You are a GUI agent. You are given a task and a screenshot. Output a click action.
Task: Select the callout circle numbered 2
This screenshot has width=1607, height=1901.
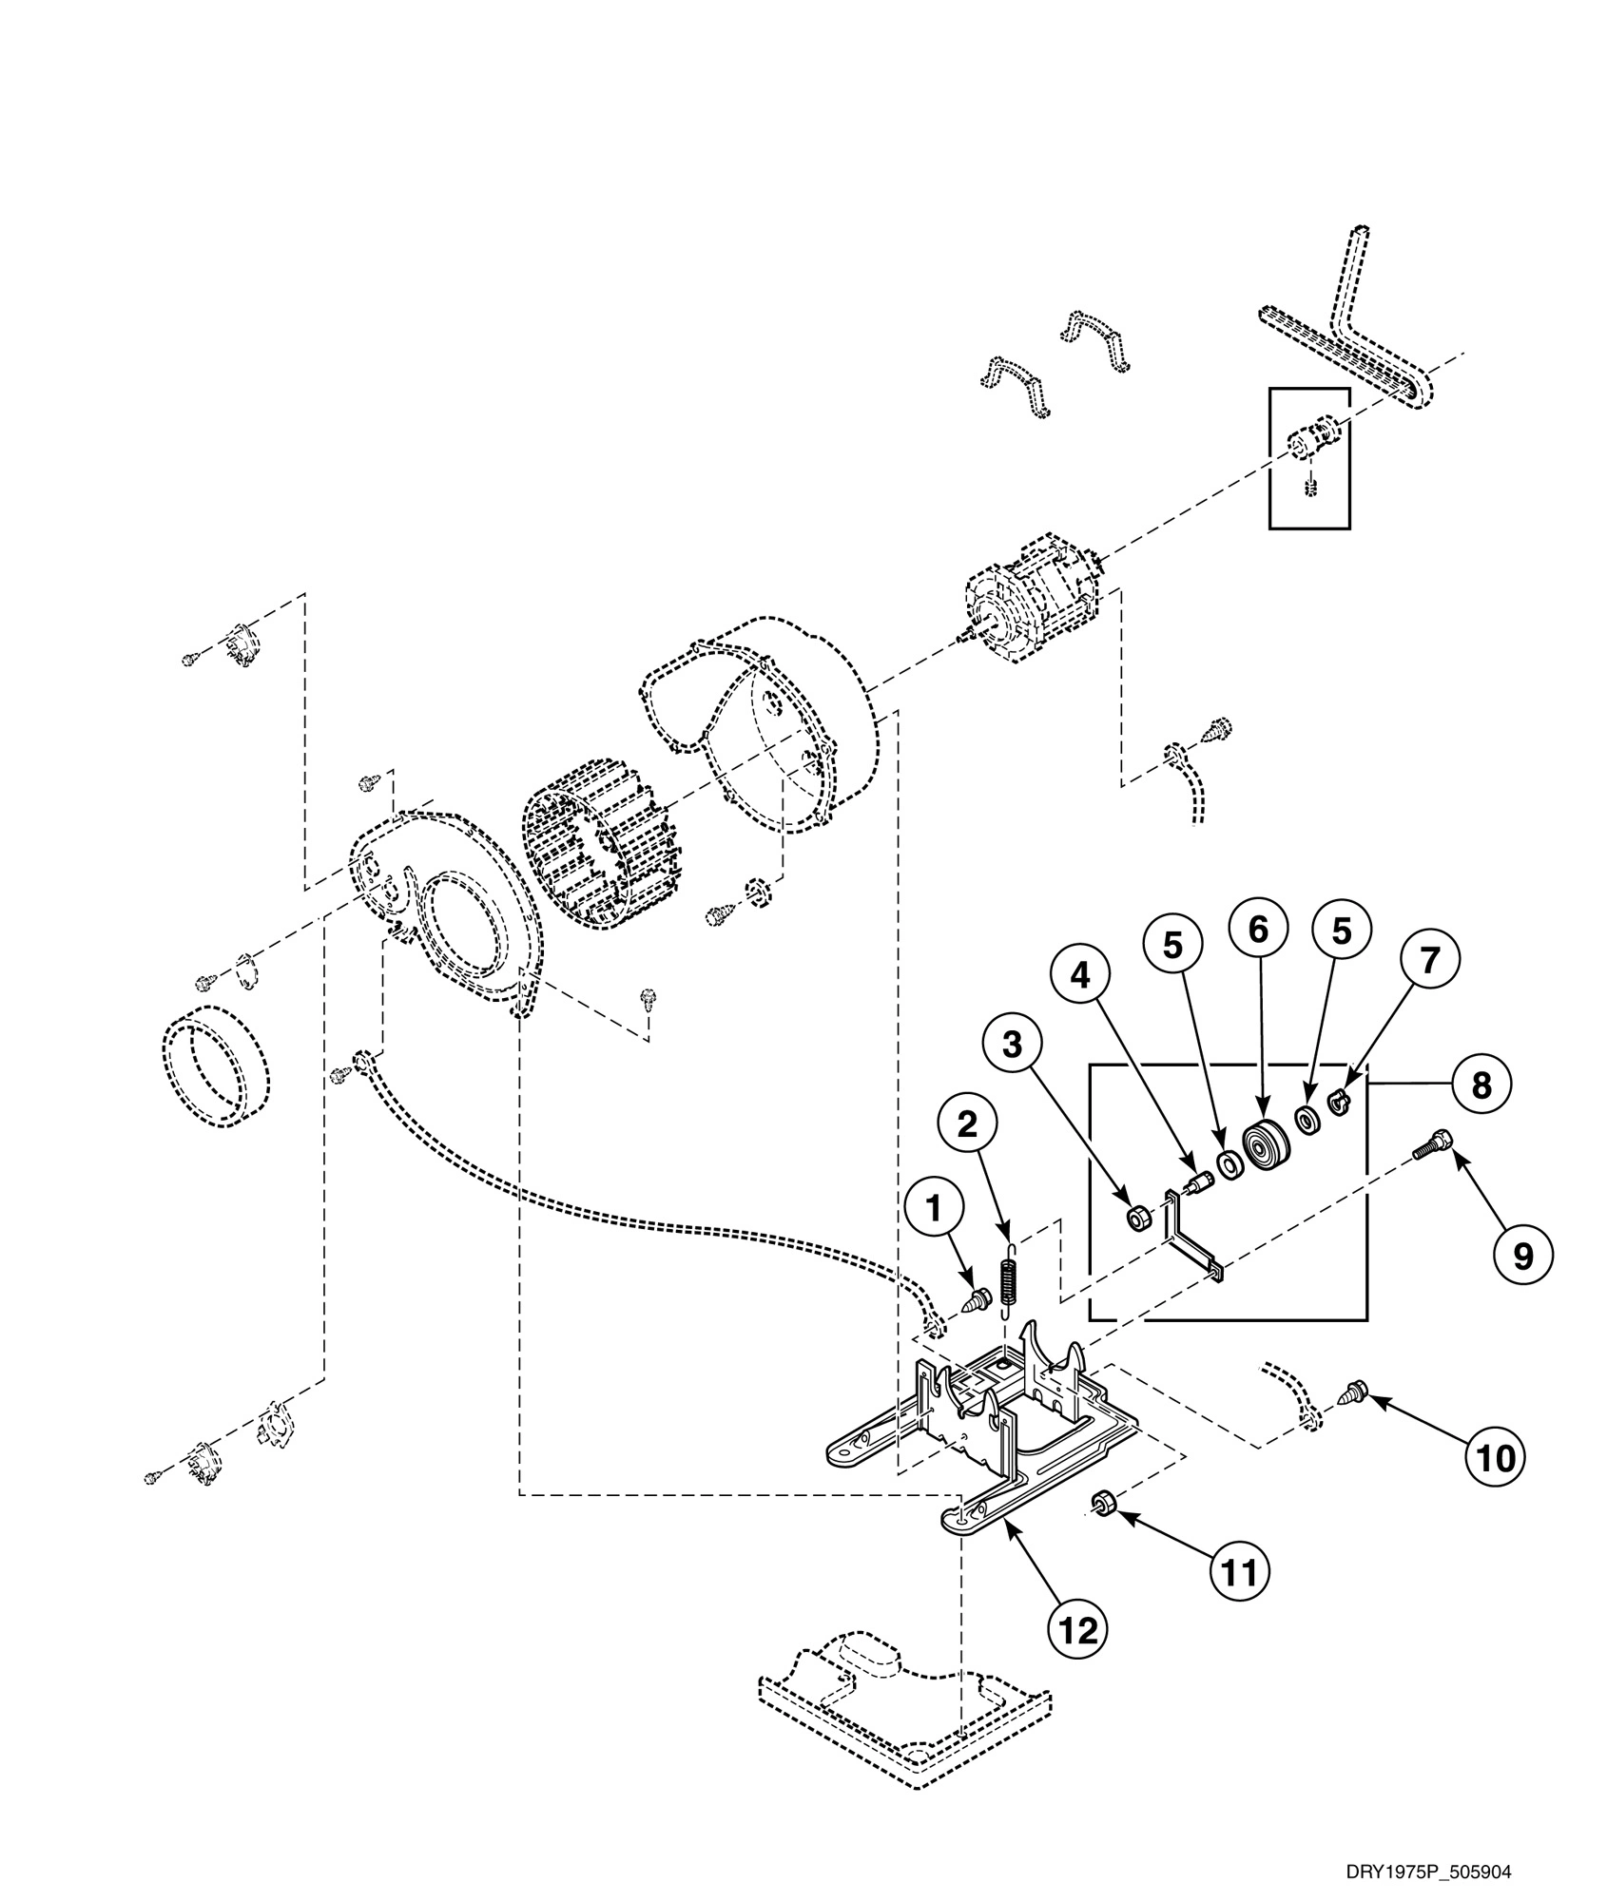[x=967, y=1124]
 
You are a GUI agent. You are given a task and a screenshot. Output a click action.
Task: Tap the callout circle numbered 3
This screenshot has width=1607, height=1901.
[x=1013, y=1045]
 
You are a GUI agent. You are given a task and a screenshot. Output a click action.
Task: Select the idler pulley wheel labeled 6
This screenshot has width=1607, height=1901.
[x=1264, y=1148]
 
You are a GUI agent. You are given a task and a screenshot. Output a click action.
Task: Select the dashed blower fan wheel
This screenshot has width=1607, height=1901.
[x=599, y=840]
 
